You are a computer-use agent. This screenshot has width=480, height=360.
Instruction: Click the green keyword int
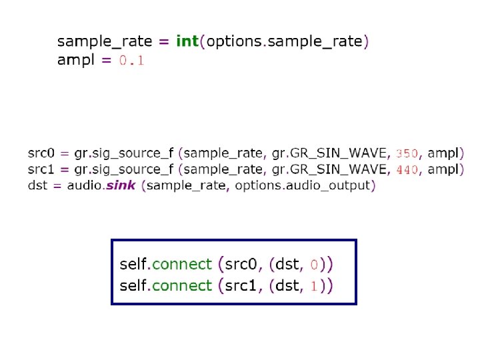187,41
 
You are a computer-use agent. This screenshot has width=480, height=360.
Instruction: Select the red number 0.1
131,61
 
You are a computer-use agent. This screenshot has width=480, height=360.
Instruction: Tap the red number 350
407,153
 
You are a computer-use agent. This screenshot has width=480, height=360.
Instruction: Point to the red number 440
407,169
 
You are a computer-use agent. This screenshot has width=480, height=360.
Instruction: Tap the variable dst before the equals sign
37,185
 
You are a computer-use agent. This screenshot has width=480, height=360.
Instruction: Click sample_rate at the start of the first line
103,41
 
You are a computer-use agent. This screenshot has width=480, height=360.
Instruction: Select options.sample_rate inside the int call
285,41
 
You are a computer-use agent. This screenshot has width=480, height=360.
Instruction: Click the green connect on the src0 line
181,264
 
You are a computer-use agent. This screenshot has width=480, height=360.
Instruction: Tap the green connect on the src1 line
181,286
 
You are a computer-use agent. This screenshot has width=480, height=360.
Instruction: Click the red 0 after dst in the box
315,265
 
